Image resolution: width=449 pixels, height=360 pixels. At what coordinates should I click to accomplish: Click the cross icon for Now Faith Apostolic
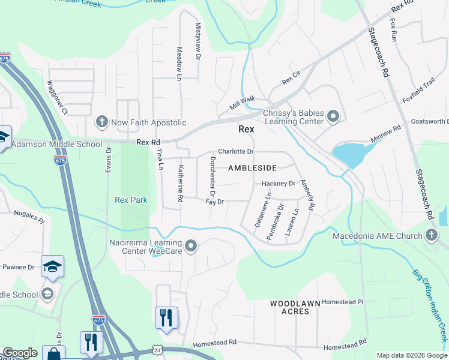pos(101,122)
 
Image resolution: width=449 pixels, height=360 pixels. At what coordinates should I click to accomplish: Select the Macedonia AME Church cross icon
pos(431,235)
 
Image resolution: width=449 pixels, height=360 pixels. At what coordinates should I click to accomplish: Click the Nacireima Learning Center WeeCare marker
pos(191,245)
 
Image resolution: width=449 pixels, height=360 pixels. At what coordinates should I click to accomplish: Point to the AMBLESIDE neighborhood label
pos(252,169)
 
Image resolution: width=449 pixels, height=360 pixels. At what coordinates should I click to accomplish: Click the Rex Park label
pos(131,200)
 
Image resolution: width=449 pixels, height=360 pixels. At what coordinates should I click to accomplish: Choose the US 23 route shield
pos(157,349)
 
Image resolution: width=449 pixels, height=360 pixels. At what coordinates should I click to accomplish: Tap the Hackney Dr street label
pos(279,184)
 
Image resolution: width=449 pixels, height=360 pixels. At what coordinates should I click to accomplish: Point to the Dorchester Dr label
pos(212,175)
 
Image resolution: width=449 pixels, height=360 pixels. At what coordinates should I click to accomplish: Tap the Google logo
pos(20,353)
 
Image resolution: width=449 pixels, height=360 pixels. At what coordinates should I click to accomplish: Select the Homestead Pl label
pos(343,302)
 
